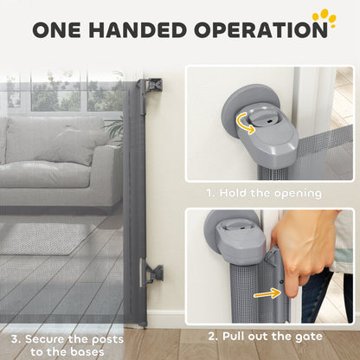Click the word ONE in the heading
[56, 29]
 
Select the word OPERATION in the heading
[260, 29]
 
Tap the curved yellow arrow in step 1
[245, 123]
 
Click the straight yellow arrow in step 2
[267, 294]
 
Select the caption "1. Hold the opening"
[264, 193]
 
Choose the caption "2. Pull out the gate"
[266, 337]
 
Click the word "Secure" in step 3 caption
[45, 339]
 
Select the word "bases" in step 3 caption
[87, 352]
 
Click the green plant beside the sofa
[114, 129]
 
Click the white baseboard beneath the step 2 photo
[165, 318]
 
